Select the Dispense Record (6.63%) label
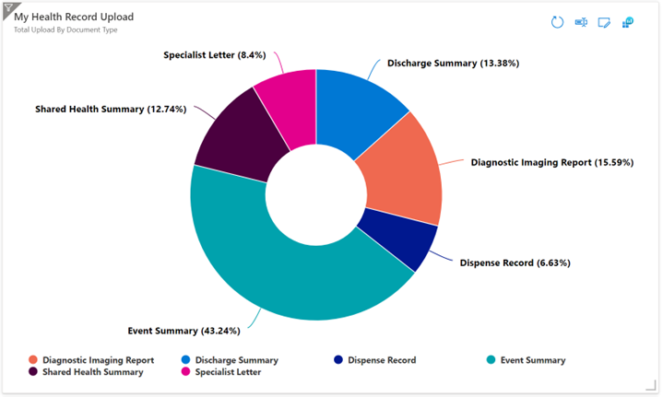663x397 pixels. click(x=515, y=263)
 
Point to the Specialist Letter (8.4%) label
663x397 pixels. click(x=214, y=55)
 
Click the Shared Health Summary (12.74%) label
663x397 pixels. click(x=111, y=109)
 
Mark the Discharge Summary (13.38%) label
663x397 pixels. click(x=453, y=64)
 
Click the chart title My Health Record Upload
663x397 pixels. click(x=74, y=17)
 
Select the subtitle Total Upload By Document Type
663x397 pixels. click(x=65, y=29)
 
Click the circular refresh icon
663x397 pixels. click(x=557, y=21)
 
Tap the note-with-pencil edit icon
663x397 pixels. click(x=604, y=22)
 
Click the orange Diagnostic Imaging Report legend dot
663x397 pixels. click(x=33, y=360)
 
